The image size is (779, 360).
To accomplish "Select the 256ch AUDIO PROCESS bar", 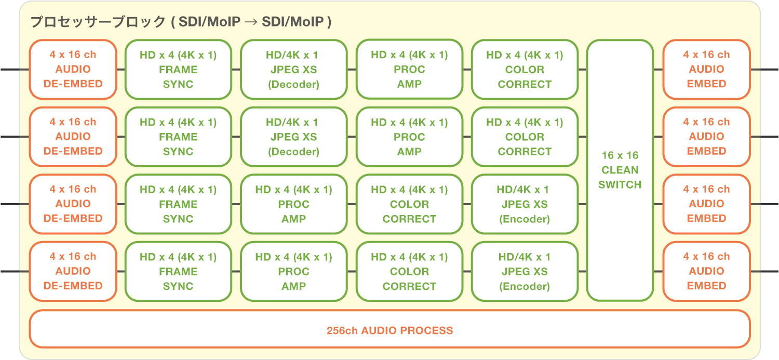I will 389,329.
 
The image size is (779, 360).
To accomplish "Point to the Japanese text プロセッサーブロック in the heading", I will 97,22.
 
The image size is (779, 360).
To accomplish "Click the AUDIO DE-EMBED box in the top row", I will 73,69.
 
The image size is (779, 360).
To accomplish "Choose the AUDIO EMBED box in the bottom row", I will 706,271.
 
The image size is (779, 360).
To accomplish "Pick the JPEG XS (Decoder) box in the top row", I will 293,69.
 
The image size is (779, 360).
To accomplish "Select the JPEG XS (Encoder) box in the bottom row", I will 525,271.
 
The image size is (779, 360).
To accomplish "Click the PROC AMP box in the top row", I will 409,69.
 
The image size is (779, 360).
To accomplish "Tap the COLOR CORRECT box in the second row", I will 525,137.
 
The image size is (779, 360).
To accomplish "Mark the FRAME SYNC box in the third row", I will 178,204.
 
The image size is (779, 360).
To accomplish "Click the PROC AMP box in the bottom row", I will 293,271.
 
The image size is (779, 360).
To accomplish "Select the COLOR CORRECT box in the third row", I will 409,204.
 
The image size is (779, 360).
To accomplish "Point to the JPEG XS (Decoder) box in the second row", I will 293,137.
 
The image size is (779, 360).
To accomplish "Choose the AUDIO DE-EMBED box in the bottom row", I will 73,271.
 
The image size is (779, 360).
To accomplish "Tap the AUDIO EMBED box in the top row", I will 706,69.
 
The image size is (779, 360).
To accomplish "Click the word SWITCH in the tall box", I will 620,184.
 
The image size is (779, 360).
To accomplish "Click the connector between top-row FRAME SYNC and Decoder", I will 236,69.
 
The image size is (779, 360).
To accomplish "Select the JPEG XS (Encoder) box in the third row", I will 525,204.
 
